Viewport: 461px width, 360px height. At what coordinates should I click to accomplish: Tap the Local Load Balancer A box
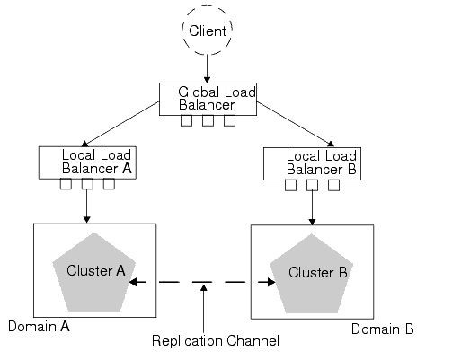pyautogui.click(x=86, y=162)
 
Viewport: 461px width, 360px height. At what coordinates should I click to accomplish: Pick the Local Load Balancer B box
pyautogui.click(x=311, y=162)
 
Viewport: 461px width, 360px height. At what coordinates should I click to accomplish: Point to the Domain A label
pyautogui.click(x=39, y=326)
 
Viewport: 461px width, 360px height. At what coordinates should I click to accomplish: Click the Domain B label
pyautogui.click(x=383, y=329)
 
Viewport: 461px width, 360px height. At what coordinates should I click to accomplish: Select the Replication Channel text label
pyautogui.click(x=216, y=341)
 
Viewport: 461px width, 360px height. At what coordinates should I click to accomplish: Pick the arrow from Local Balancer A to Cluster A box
pyautogui.click(x=86, y=205)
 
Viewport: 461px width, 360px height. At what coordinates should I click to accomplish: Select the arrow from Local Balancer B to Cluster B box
pyautogui.click(x=311, y=206)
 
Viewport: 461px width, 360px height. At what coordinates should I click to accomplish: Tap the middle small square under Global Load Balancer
pyautogui.click(x=208, y=121)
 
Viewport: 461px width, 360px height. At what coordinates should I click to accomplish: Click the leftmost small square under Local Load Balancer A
pyautogui.click(x=66, y=185)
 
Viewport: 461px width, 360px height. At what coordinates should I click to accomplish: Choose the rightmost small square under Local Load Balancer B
pyautogui.click(x=333, y=186)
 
